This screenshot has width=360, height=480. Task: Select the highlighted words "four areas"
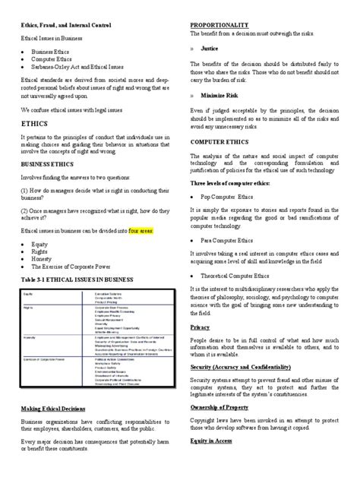(x=144, y=229)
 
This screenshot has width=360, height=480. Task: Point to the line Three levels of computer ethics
(x=235, y=183)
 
